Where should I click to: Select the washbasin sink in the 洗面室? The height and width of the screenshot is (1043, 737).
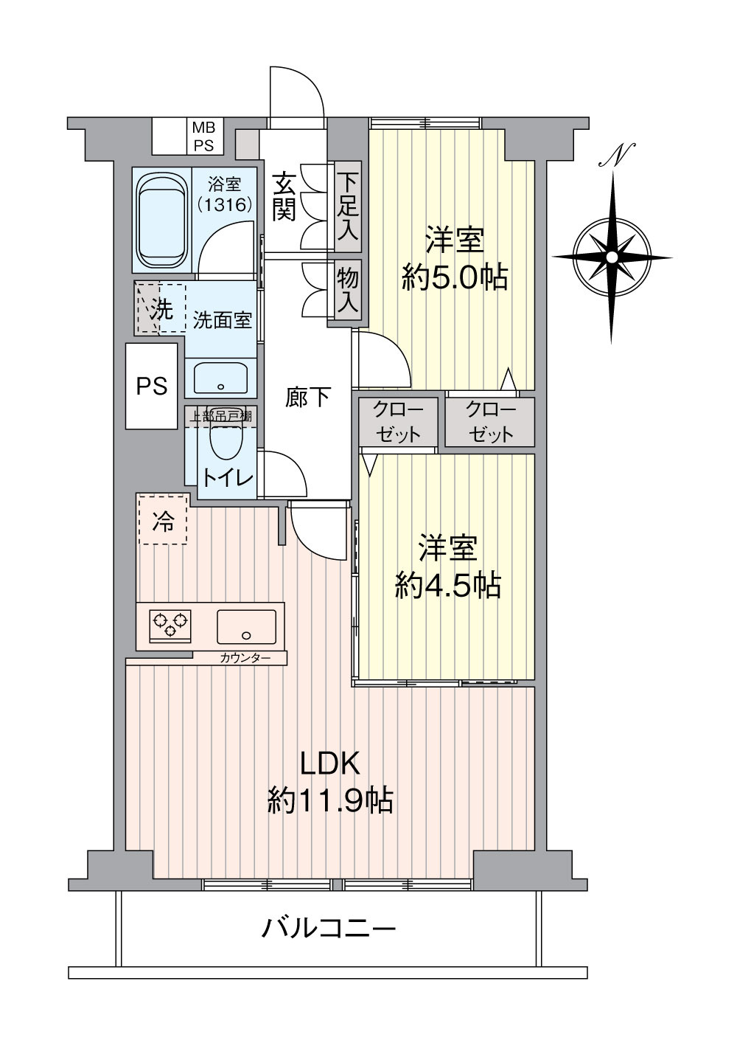(x=221, y=377)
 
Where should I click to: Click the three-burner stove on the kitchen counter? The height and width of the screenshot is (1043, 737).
(x=170, y=626)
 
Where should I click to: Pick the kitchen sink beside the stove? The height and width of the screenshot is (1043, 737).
(x=246, y=626)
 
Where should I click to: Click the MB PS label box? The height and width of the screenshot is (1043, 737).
(x=203, y=136)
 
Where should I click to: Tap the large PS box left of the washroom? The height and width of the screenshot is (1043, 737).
(x=152, y=386)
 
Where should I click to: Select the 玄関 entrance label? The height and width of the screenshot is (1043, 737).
(x=284, y=196)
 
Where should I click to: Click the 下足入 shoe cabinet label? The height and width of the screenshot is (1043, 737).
(x=348, y=207)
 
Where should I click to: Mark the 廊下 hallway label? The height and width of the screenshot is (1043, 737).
(x=307, y=398)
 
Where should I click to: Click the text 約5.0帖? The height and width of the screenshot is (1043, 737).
(x=454, y=277)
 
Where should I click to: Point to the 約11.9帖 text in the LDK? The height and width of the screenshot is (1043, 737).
(x=330, y=800)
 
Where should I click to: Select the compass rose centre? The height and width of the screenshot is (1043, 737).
(x=612, y=257)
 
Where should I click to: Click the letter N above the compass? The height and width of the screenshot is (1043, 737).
(x=616, y=155)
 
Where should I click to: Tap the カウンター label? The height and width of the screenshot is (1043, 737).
(x=245, y=658)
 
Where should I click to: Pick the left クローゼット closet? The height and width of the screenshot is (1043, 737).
(x=398, y=422)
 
